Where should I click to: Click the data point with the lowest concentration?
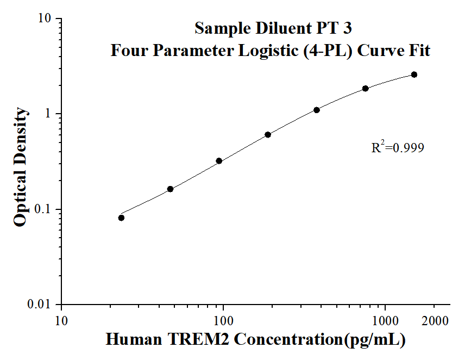121,218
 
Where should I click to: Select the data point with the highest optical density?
414,75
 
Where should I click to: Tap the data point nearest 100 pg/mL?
219,161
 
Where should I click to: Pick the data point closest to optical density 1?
317,110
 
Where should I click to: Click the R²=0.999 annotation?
397,147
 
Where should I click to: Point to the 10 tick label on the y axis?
45,18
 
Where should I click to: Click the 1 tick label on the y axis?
48,114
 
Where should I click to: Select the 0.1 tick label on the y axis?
42,209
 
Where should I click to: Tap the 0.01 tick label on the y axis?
39,305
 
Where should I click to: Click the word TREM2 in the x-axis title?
198,340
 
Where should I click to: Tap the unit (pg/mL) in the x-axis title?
374,340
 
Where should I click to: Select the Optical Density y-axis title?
20,167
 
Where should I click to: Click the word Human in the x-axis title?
133,340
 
